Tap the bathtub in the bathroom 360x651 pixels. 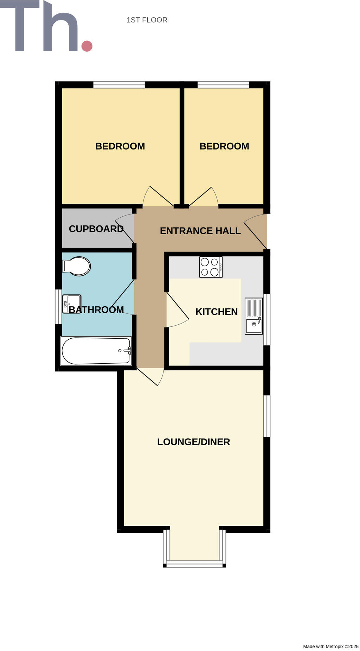96,351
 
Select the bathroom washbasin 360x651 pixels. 71,304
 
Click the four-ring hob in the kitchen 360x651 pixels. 211,267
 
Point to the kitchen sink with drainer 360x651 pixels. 254,316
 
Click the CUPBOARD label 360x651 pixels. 96,229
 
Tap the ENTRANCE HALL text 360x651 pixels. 200,231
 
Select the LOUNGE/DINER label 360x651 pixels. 193,442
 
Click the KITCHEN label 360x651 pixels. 217,312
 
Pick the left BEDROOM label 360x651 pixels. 120,146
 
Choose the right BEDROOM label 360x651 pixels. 224,146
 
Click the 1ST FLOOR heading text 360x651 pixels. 147,20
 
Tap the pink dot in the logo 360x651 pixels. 87,46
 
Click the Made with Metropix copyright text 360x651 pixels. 330,646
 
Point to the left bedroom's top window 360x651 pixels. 119,85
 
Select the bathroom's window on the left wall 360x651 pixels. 58,307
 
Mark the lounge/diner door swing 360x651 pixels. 151,377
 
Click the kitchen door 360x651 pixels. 178,309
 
